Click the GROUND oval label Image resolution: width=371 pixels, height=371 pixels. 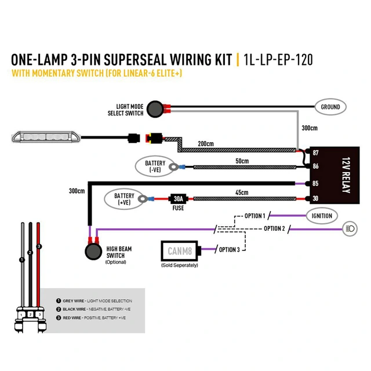pos(330,107)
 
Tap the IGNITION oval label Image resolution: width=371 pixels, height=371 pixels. pos(322,216)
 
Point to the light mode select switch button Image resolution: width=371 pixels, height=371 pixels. pos(154,108)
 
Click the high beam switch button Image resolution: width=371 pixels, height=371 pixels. pos(92,251)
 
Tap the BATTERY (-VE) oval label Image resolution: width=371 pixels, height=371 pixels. pos(155,167)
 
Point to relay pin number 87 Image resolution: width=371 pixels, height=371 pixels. pos(315,153)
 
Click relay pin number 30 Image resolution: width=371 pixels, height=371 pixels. pos(315,199)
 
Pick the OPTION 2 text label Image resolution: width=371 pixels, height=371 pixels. pos(274,228)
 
